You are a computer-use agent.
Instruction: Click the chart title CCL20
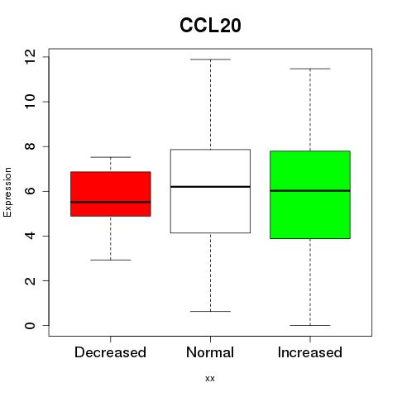(210, 25)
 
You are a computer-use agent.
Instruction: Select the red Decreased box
(111, 194)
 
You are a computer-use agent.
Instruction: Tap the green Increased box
(310, 194)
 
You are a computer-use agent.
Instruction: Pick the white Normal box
(210, 191)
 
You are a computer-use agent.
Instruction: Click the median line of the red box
(111, 202)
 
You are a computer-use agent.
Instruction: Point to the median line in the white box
(210, 187)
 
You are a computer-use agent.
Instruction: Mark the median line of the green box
(310, 190)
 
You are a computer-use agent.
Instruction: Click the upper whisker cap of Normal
(210, 60)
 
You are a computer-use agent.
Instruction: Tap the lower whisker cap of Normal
(210, 311)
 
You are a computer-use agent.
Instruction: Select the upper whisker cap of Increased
(310, 69)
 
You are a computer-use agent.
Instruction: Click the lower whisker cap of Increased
(310, 325)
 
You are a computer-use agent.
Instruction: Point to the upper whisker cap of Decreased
(111, 157)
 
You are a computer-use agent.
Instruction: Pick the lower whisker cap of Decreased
(111, 260)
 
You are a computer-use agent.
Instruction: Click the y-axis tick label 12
(30, 57)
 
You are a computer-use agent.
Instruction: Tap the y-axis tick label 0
(30, 325)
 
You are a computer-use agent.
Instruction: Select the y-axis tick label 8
(30, 146)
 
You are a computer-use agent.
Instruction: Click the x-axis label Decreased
(110, 352)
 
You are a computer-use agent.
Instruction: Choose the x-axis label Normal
(210, 352)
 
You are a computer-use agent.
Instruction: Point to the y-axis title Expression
(7, 192)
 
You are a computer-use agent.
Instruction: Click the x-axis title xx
(210, 379)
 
